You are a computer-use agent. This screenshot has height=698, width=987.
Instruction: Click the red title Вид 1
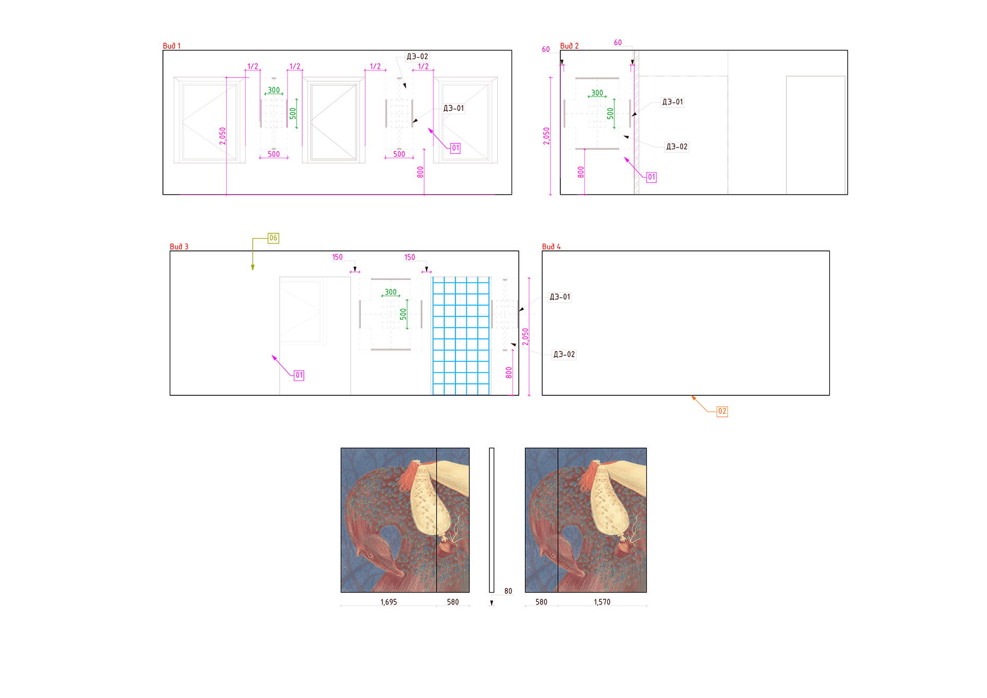(x=172, y=46)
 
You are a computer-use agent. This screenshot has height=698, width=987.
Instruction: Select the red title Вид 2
(x=569, y=46)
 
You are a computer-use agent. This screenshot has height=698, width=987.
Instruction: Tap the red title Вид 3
(x=179, y=247)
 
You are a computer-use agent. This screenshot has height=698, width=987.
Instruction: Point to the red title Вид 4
(x=551, y=247)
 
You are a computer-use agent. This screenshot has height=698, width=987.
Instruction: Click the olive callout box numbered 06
(x=273, y=238)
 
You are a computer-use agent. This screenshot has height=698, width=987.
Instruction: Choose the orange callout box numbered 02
(x=722, y=411)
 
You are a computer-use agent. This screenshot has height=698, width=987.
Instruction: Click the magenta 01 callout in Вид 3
(x=299, y=375)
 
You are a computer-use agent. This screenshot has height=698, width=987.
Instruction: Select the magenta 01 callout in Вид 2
(x=651, y=177)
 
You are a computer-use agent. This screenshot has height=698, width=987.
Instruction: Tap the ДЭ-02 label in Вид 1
(x=417, y=57)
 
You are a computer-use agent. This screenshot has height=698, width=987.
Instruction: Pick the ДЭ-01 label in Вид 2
(x=672, y=102)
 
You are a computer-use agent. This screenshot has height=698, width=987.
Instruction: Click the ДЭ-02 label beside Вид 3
(x=564, y=355)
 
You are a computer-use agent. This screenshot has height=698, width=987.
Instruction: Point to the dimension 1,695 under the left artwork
(x=389, y=602)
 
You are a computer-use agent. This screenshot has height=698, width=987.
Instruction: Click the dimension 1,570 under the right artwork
(x=602, y=602)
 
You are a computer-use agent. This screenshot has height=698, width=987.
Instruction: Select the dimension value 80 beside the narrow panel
(x=508, y=591)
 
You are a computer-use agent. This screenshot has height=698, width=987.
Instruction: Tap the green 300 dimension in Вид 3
(x=391, y=292)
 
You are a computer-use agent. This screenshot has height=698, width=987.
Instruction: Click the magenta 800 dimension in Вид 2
(x=581, y=172)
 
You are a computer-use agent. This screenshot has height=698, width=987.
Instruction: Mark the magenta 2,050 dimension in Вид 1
(x=223, y=136)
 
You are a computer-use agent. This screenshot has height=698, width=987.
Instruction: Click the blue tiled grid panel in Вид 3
(x=461, y=336)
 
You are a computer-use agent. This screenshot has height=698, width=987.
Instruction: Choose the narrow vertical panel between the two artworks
(x=491, y=520)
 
